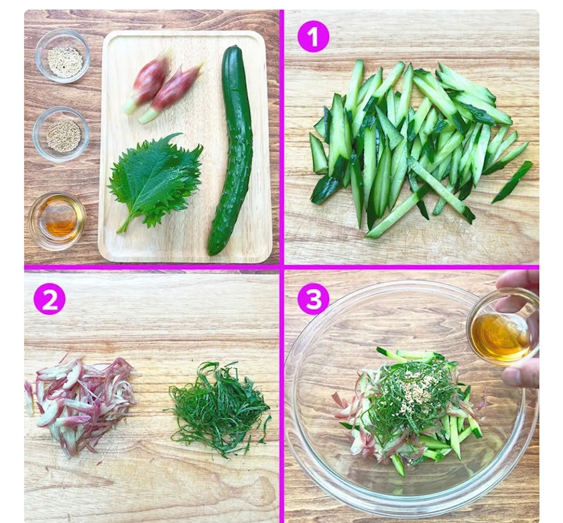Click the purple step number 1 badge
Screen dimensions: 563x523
click(314, 37)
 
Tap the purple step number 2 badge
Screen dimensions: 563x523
click(50, 300)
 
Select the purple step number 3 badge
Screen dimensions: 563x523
click(314, 300)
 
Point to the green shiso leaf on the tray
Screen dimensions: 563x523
click(154, 180)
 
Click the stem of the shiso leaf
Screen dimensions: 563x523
click(125, 225)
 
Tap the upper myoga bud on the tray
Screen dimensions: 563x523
click(147, 82)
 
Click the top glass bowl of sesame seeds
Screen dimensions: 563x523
click(62, 56)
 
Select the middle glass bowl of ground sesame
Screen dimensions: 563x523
click(62, 134)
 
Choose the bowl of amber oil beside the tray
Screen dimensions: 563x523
click(57, 220)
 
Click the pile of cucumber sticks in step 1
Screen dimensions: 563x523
click(418, 148)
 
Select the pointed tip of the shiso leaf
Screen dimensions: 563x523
click(181, 134)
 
